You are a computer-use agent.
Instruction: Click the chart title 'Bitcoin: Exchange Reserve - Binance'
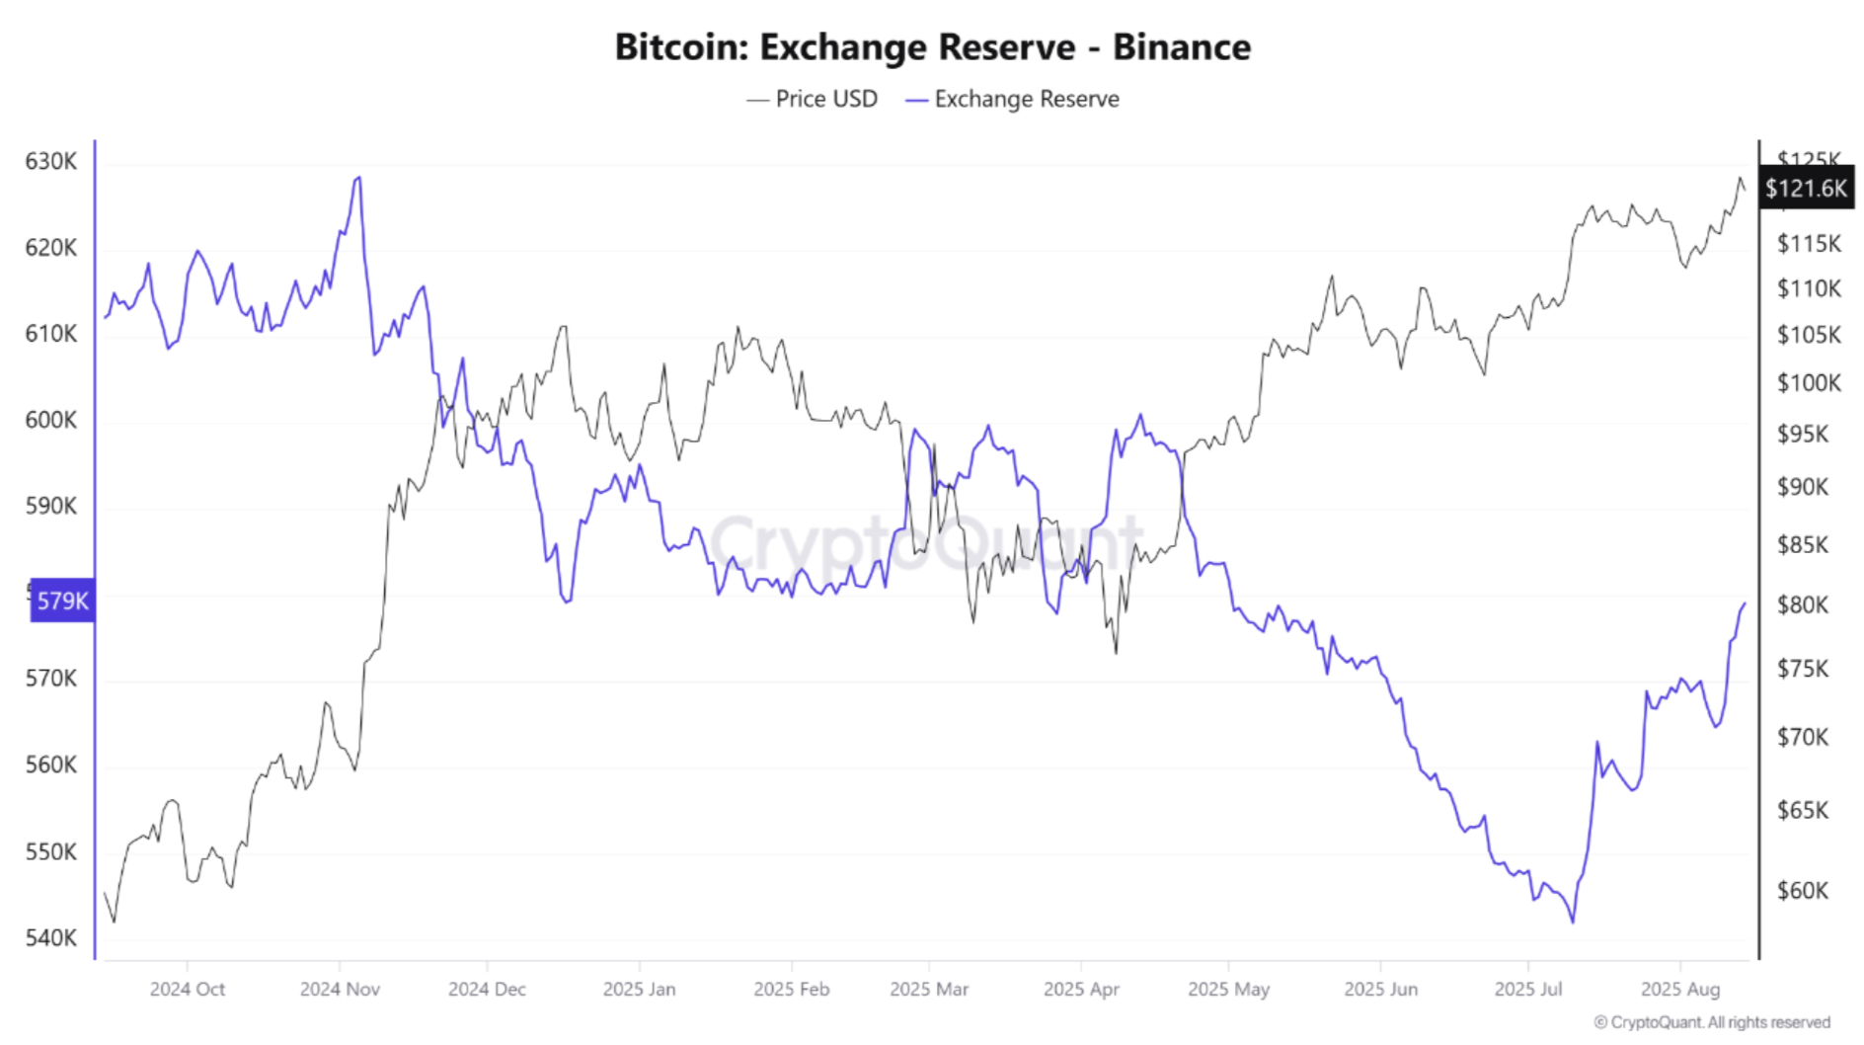point(932,46)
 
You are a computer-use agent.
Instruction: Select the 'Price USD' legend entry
point(813,99)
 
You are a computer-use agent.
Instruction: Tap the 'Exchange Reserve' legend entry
point(1013,99)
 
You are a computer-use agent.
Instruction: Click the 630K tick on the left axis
point(50,161)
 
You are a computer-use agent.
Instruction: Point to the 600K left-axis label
point(50,420)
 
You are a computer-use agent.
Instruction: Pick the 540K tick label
point(50,937)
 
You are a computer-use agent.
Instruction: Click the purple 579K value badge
point(62,601)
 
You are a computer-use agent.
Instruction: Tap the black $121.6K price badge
point(1806,188)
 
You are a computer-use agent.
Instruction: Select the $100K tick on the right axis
point(1809,382)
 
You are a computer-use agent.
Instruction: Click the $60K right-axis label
point(1803,891)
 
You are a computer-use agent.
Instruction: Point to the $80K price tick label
point(1803,604)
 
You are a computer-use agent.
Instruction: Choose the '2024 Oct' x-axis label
point(188,989)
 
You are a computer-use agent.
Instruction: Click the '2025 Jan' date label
point(639,989)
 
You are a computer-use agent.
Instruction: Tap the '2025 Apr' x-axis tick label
point(1081,989)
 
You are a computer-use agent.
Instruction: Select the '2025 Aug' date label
point(1679,989)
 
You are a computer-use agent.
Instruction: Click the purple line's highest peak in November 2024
point(358,178)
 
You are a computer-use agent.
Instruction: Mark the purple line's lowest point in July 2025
point(1572,922)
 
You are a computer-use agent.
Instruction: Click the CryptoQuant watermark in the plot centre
point(926,541)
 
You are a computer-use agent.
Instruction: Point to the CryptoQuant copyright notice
point(1712,1023)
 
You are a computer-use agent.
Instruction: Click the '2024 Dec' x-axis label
point(487,989)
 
